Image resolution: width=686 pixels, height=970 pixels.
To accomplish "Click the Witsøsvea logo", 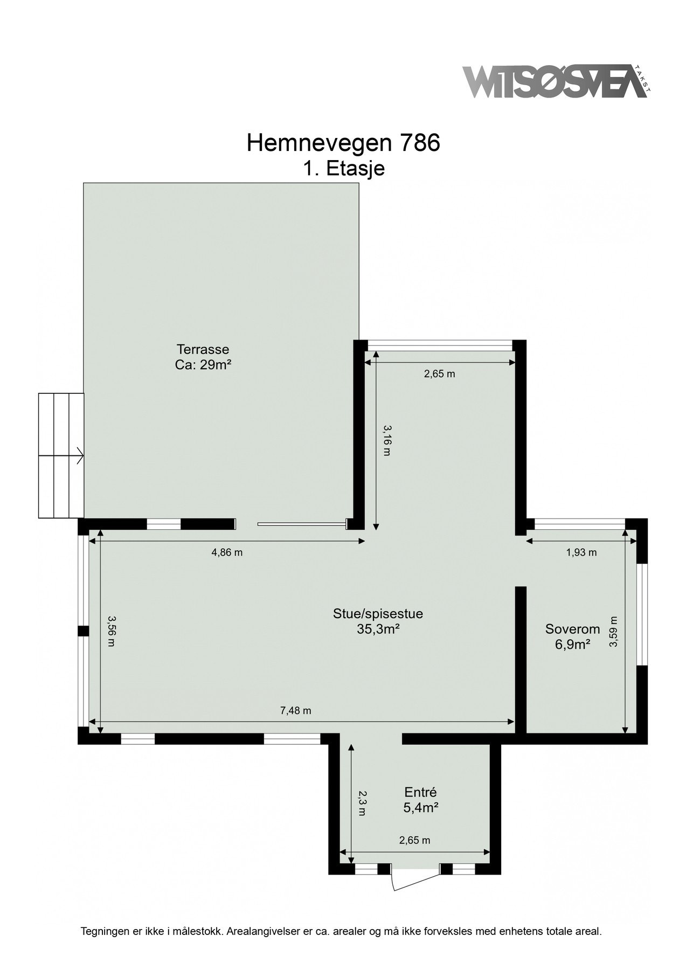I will tap(555, 82).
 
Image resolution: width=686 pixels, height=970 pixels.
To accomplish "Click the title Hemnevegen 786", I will tap(343, 143).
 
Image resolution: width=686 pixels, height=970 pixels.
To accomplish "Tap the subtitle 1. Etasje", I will tap(343, 168).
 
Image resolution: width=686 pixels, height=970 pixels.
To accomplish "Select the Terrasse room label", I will tap(203, 349).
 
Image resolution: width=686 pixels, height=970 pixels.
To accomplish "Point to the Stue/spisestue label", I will tap(378, 613).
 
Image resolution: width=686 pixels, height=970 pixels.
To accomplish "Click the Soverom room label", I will tap(572, 629).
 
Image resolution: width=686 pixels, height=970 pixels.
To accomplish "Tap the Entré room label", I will tap(420, 792).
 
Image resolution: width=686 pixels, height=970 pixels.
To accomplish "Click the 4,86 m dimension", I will tap(227, 552).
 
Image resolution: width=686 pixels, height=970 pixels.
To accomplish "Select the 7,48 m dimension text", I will tap(295, 710).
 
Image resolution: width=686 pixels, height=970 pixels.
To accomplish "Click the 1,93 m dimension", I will tap(581, 552).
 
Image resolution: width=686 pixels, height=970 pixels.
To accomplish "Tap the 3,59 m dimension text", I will tap(613, 632).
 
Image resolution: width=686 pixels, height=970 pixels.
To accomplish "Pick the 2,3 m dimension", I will tap(361, 803).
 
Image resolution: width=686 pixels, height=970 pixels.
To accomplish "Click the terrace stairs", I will tap(61, 455).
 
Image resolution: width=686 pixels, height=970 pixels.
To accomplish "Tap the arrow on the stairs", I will tap(79, 456).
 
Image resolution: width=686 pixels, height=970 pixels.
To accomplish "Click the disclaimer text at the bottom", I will tap(341, 931).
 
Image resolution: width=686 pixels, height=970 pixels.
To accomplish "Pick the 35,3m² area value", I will tap(378, 628).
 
